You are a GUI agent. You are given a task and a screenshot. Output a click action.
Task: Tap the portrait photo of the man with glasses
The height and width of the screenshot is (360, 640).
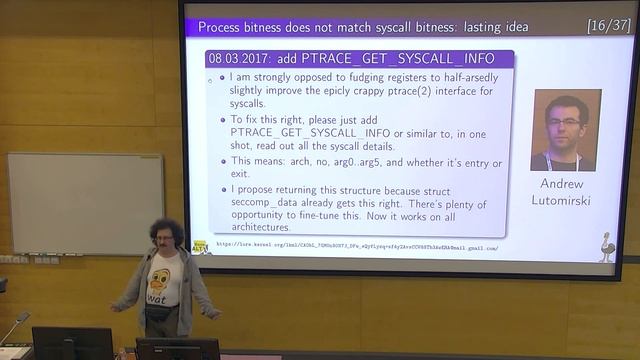pyautogui.click(x=566, y=130)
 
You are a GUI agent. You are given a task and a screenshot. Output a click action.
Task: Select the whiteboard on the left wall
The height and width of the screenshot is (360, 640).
pyautogui.click(x=85, y=203)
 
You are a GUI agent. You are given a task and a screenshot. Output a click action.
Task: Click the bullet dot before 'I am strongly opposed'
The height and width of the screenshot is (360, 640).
pyautogui.click(x=222, y=77)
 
